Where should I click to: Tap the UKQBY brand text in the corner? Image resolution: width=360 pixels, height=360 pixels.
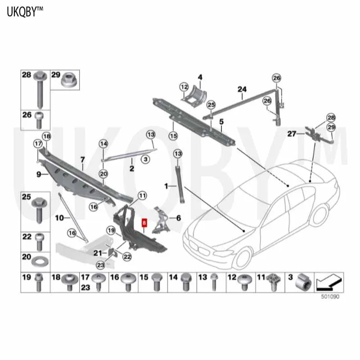coord(25,12)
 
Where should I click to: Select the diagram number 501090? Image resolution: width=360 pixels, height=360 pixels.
coord(331,297)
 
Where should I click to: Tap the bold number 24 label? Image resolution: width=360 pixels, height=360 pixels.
coord(243,90)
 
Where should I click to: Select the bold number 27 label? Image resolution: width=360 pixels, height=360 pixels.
coord(292,134)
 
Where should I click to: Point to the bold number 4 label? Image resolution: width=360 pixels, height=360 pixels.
coord(200,76)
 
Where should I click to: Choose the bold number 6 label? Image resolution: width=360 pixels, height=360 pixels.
coord(178,218)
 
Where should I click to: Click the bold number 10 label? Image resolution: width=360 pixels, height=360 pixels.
coord(59,217)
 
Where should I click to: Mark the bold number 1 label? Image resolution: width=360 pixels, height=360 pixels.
coord(166,185)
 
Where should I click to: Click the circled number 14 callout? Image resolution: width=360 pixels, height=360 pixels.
coord(103,144)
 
